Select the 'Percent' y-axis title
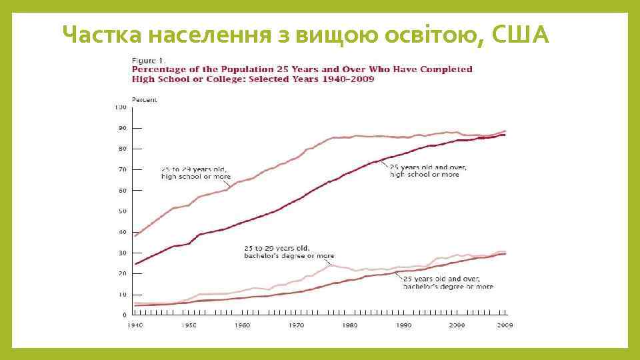coord(144,99)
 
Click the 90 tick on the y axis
coord(122,128)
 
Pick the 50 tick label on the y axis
coord(122,211)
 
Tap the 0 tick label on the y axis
coord(124,315)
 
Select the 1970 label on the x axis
coord(296,325)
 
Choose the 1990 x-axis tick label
coord(403,325)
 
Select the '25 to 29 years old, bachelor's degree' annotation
coord(287,251)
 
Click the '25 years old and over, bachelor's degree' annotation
coord(447,283)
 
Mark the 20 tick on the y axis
coord(122,273)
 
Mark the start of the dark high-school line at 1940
coord(135,264)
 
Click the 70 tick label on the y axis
coord(122,169)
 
